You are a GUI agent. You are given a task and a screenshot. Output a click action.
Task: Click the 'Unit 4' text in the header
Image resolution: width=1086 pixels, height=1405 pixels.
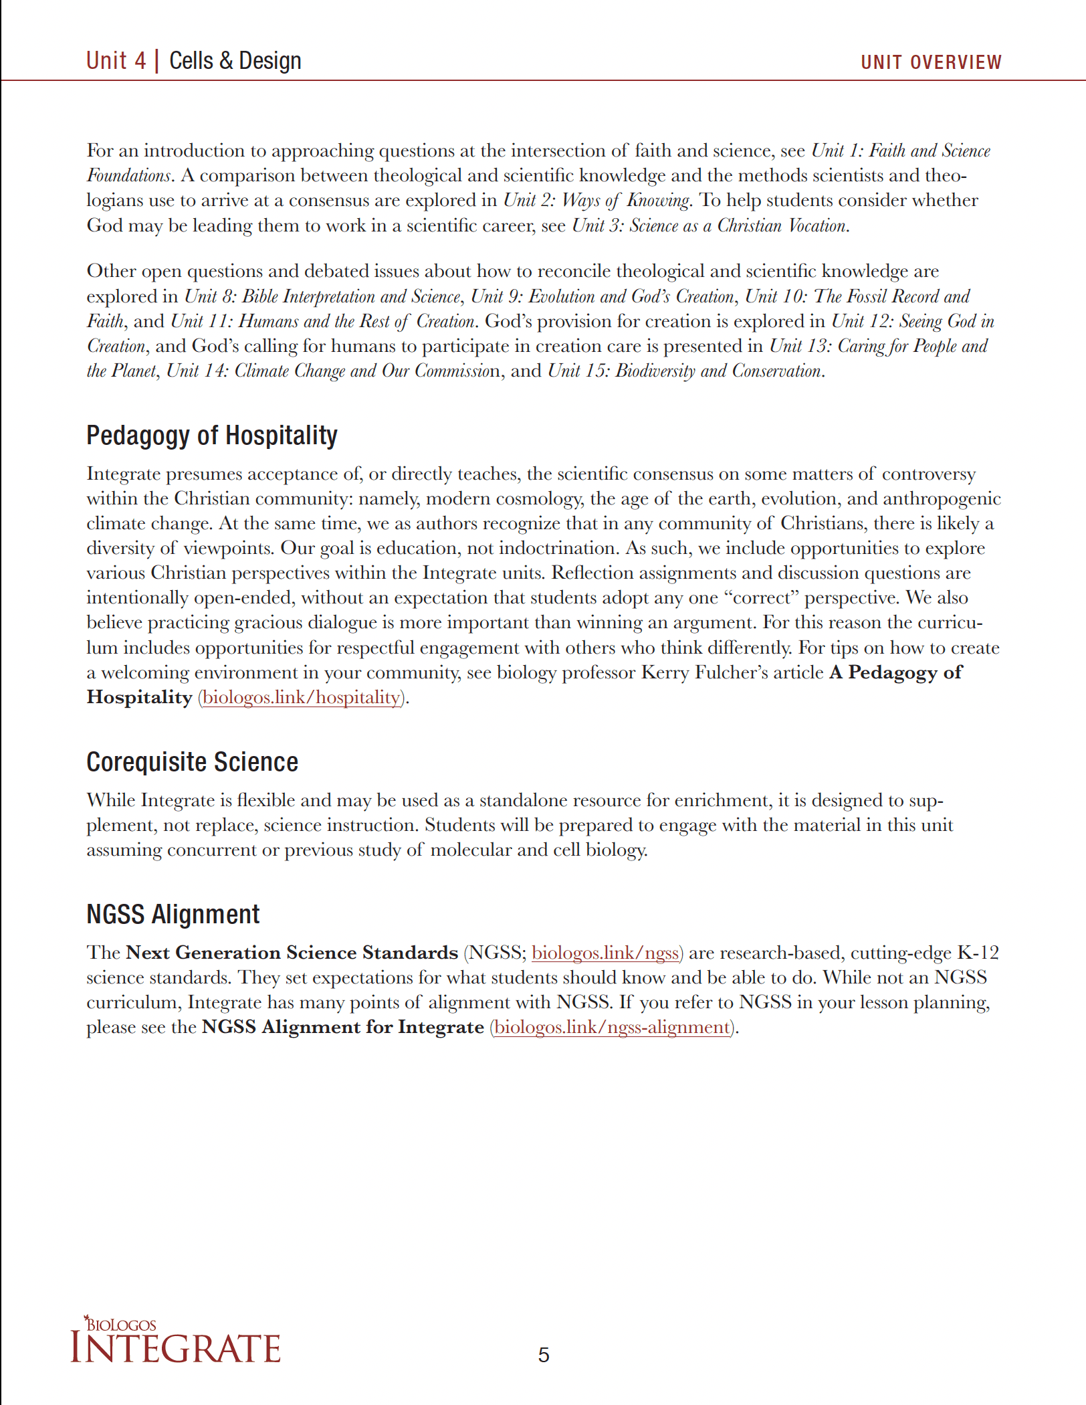116,61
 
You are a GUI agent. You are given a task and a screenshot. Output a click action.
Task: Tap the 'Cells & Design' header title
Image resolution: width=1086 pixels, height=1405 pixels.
235,61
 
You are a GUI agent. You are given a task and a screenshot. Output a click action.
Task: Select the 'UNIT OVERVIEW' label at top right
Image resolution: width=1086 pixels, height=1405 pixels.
930,63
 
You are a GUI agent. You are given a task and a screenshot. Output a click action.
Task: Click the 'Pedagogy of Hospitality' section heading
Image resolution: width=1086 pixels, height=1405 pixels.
211,436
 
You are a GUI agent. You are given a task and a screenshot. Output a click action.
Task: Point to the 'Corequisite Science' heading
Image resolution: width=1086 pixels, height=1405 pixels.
192,762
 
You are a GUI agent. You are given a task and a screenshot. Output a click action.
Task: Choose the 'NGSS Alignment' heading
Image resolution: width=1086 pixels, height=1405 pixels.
173,915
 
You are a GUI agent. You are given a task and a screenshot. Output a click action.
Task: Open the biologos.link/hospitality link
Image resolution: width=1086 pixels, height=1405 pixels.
301,697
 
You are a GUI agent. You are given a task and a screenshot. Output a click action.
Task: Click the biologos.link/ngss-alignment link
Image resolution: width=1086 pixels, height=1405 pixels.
612,1027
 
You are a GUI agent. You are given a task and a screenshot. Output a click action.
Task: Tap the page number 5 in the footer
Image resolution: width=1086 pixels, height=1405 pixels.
543,1355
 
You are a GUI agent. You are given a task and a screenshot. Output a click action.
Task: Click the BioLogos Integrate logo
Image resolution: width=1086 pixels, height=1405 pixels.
175,1341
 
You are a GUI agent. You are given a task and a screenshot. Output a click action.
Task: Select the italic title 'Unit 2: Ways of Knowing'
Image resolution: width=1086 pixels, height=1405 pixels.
596,201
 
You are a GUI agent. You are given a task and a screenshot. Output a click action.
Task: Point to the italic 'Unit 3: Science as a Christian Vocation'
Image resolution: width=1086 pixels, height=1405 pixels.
710,226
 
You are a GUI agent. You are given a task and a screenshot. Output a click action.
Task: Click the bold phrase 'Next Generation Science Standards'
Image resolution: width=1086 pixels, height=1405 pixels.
292,953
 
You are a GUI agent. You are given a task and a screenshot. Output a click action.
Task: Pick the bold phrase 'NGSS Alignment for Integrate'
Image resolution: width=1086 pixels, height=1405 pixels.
342,1027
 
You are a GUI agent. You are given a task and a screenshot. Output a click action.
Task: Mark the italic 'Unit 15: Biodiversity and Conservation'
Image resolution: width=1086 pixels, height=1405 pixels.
684,371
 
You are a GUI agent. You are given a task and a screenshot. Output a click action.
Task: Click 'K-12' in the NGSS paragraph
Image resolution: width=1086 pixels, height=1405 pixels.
978,953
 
